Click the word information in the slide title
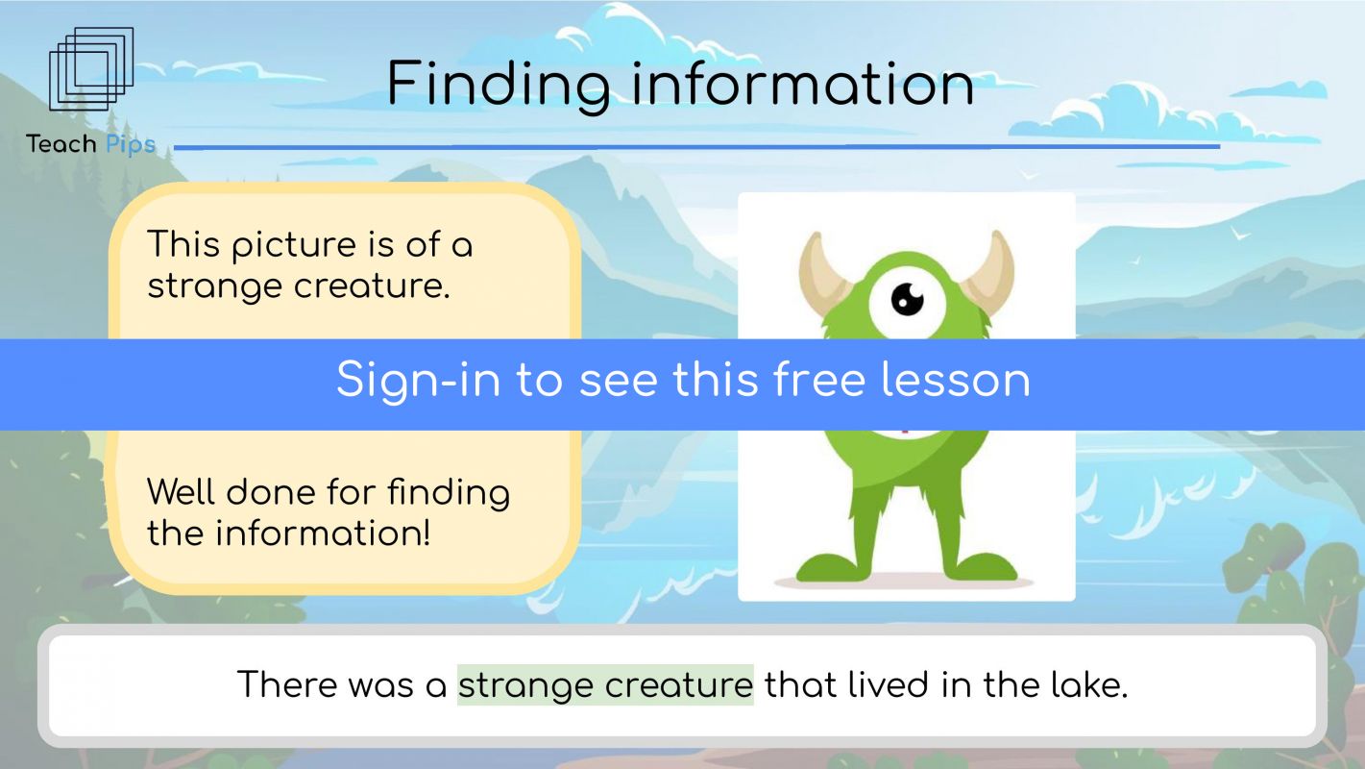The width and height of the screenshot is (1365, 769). [x=803, y=84]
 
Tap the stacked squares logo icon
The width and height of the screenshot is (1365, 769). [x=91, y=69]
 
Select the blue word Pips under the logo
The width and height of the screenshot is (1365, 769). [x=131, y=145]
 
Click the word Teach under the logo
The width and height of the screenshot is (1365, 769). [x=61, y=144]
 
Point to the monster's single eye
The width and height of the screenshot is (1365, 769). [x=907, y=301]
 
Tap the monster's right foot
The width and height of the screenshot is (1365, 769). [x=980, y=566]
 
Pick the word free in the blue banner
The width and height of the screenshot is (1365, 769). [x=819, y=380]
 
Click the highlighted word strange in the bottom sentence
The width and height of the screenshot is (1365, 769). [x=525, y=685]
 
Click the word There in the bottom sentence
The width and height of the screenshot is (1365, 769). [x=286, y=684]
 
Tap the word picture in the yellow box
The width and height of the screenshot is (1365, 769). [x=294, y=246]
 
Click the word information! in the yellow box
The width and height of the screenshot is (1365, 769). [x=323, y=533]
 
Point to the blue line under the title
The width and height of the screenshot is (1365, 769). [x=697, y=147]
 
